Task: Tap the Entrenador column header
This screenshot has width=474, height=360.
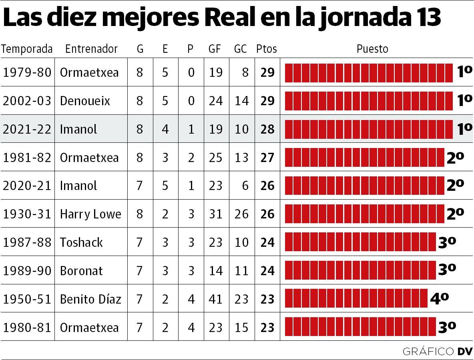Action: pos(91,49)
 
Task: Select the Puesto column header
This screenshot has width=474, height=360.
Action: pos(372,49)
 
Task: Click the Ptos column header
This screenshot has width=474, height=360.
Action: pos(266,49)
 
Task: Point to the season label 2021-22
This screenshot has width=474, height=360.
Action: pos(27,129)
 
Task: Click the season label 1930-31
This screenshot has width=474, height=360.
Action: pos(27,214)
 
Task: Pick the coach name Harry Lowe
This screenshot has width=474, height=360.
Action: pos(90,214)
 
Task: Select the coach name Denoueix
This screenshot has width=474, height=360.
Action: pos(85,101)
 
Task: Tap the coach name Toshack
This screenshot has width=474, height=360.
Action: pos(81,242)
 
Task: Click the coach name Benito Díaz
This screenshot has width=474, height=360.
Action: pos(90,299)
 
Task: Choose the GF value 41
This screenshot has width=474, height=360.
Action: pos(215,299)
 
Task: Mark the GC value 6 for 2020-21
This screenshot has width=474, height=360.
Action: pos(245,186)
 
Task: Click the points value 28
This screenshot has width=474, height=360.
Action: pos(267,129)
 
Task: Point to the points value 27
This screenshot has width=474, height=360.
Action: pos(267,158)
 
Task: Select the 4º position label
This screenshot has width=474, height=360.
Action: pos(439,298)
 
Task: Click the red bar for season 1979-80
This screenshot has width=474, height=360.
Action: pos(368,72)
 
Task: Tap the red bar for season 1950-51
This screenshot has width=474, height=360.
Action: pos(356,299)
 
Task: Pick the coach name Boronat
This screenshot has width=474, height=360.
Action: pos(81,271)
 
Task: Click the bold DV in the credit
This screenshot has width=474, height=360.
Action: pos(465,352)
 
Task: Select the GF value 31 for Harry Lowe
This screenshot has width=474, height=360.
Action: pos(215,214)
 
